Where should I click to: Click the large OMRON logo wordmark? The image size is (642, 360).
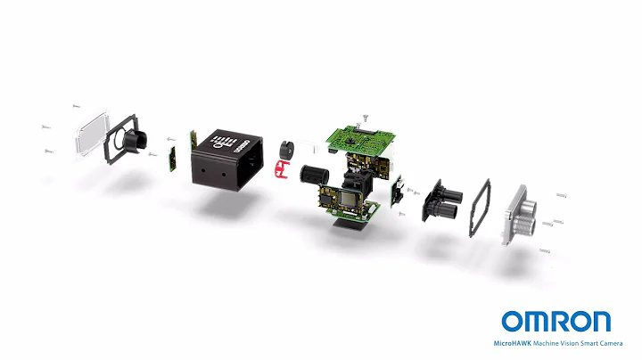pyautogui.click(x=556, y=322)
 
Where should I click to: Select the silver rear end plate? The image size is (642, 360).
pyautogui.click(x=519, y=215)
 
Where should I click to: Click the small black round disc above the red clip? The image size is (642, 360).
pyautogui.click(x=287, y=147)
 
